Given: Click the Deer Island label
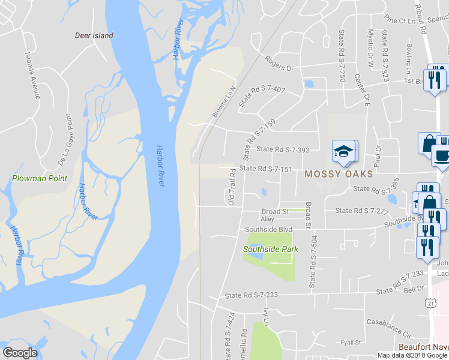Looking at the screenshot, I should click(x=94, y=35).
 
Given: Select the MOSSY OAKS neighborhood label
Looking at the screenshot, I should click(x=339, y=174).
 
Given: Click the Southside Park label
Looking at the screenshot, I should click(x=270, y=249).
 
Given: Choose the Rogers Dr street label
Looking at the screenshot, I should click(x=279, y=64).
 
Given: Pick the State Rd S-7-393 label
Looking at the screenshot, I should click(x=283, y=149).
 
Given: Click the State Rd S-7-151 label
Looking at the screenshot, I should click(x=265, y=169).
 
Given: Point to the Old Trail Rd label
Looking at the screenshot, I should click(x=232, y=187).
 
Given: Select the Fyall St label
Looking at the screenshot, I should click(x=350, y=343).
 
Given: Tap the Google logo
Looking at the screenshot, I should click(x=20, y=353).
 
